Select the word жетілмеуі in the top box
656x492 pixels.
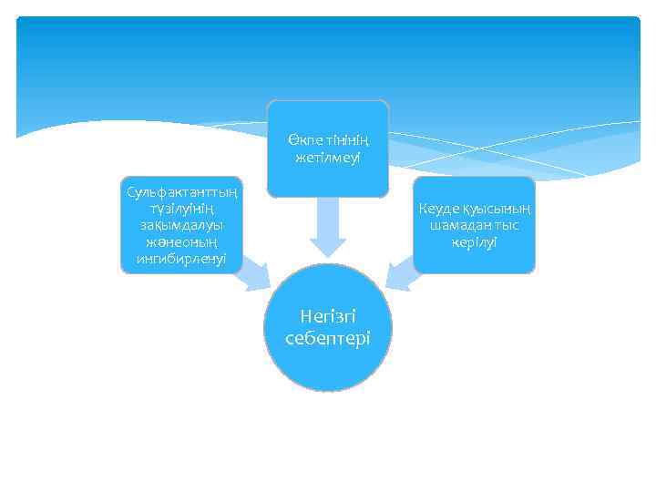pyautogui.click(x=328, y=159)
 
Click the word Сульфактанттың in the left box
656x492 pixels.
pyautogui.click(x=182, y=192)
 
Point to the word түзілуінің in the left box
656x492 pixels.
pyautogui.click(x=182, y=209)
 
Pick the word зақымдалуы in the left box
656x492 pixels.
pyautogui.click(x=182, y=225)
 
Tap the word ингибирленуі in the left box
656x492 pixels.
pyautogui.click(x=182, y=259)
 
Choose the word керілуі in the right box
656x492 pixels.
pyautogui.click(x=474, y=241)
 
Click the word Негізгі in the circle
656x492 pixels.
pyautogui.click(x=328, y=317)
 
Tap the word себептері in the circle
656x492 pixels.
pyautogui.click(x=328, y=337)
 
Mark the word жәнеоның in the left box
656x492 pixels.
pyautogui.click(x=182, y=242)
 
